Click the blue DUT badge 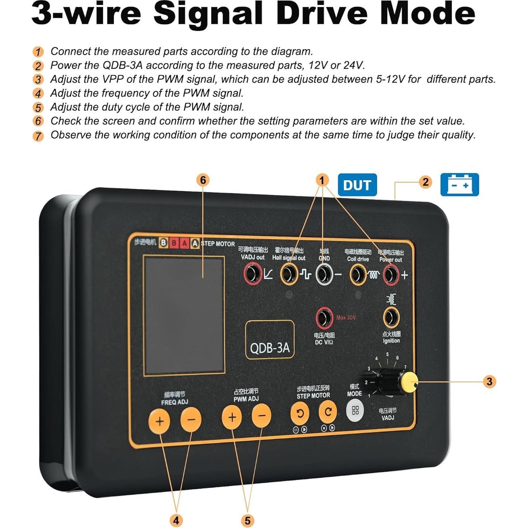coord(357,185)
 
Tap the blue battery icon coord(459,185)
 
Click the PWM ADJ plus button coord(232,417)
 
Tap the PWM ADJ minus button coord(261,416)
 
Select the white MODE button coord(355,410)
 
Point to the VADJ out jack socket coord(253,273)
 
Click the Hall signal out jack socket coord(289,274)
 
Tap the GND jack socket coord(324,274)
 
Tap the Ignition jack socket coord(391,317)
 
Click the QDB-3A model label coord(270,347)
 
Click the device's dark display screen coord(184,316)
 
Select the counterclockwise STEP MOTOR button coord(300,413)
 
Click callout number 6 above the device coord(203,180)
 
